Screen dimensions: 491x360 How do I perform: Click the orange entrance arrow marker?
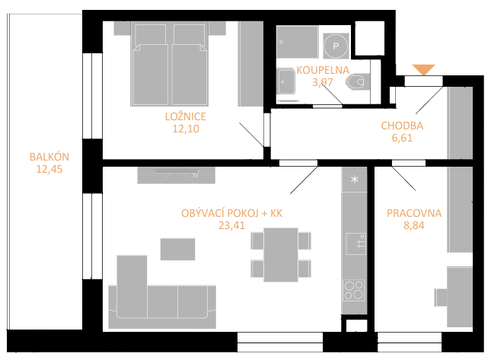tap(424, 69)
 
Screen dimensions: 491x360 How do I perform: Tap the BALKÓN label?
tap(49, 157)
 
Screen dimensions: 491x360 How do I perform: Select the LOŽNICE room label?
tap(186, 116)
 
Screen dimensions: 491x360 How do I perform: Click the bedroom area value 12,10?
tap(186, 129)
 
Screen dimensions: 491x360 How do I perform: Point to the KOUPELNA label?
tap(323, 70)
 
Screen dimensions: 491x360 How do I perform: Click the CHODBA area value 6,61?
tap(402, 138)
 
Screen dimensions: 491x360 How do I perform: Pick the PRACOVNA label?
tap(414, 213)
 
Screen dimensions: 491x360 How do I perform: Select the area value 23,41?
tap(231, 225)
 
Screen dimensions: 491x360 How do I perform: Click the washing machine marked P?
tap(336, 46)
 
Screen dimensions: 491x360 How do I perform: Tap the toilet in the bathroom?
tap(358, 82)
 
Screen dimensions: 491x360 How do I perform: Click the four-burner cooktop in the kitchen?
tap(354, 291)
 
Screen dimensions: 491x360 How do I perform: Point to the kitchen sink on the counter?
tap(356, 244)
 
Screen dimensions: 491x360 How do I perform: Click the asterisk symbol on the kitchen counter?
tap(355, 180)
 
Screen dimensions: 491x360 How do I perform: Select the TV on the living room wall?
tap(177, 171)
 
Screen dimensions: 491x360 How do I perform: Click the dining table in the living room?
tap(281, 254)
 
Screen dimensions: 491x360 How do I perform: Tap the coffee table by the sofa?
tap(177, 249)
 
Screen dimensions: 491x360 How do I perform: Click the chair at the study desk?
tap(441, 298)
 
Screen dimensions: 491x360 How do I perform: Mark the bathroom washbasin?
tap(286, 81)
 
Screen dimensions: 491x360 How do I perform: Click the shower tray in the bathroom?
tap(297, 42)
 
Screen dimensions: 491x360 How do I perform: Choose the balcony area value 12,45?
tap(49, 169)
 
